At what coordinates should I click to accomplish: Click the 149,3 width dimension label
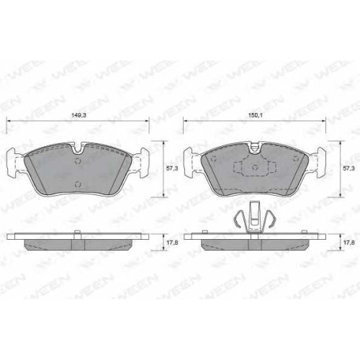coord(78,115)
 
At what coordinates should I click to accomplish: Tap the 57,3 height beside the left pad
coord(172,168)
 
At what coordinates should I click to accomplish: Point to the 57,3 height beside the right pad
coord(348,168)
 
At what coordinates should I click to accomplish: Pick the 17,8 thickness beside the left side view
coord(172,243)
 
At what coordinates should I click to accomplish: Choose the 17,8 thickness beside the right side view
coord(348,243)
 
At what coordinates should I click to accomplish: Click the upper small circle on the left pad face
coord(78,161)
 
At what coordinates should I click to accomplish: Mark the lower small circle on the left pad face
coord(78,184)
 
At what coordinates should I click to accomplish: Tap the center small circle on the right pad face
coord(255,166)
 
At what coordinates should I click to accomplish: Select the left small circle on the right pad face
coord(213,158)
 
